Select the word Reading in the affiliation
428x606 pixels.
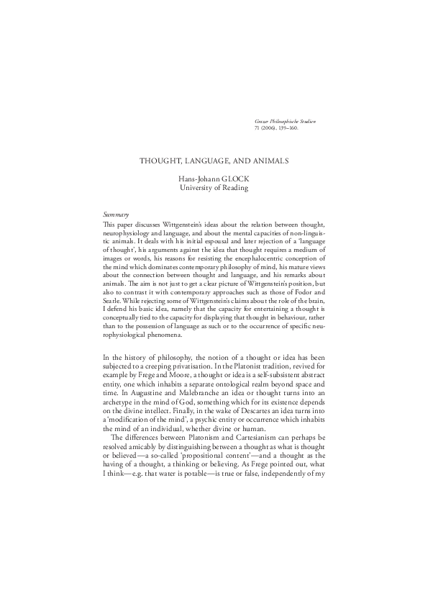tap(233, 188)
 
